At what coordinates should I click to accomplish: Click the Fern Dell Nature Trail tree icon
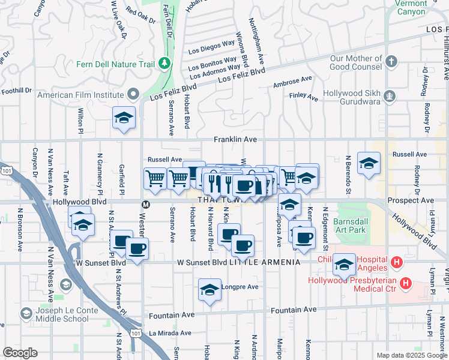point(164,64)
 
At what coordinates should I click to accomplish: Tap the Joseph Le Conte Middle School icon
point(26,313)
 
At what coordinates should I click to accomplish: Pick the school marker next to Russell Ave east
point(369,163)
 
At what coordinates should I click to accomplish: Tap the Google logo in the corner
point(19,353)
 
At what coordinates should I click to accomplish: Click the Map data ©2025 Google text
point(411,355)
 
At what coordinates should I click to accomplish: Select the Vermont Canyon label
point(411,7)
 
